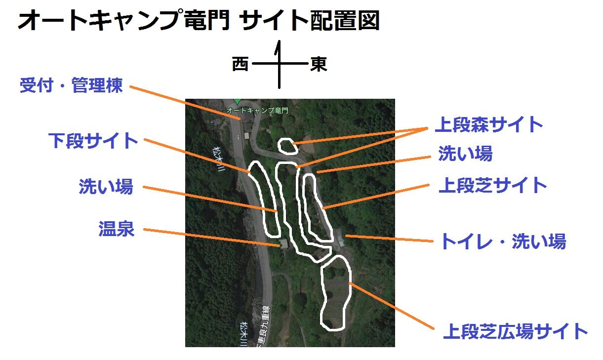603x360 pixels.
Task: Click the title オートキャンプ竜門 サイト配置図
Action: click(199, 21)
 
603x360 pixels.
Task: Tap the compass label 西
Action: click(240, 65)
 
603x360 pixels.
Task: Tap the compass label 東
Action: click(319, 65)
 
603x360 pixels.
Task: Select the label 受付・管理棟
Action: click(71, 86)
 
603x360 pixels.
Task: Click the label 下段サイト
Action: click(93, 141)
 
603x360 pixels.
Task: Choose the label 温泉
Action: click(117, 230)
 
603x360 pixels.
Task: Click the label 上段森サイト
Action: click(488, 125)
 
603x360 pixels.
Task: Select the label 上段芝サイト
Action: click(493, 186)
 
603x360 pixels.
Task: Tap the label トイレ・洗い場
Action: click(502, 242)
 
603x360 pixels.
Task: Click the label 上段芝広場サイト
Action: click(515, 331)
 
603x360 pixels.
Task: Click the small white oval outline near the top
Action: click(287, 146)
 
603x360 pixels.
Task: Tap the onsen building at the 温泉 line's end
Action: click(284, 243)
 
